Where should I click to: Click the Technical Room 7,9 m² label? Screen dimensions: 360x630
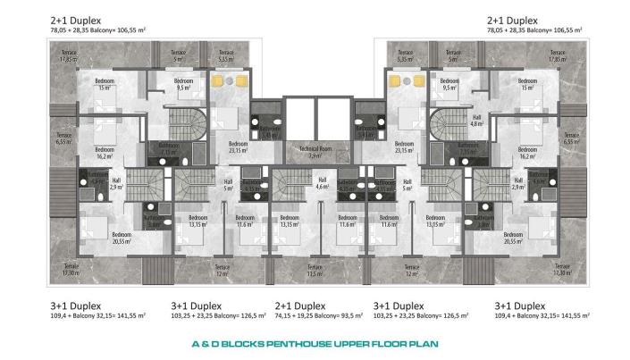click(315, 151)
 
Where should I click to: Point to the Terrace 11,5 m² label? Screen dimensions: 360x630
click(315, 270)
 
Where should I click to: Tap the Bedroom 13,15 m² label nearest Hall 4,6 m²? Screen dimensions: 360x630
click(289, 222)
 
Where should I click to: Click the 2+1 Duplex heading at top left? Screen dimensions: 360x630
click(76, 20)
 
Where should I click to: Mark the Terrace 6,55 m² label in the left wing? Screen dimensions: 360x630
click(63, 139)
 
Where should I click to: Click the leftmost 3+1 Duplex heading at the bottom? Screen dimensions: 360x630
click(75, 304)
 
